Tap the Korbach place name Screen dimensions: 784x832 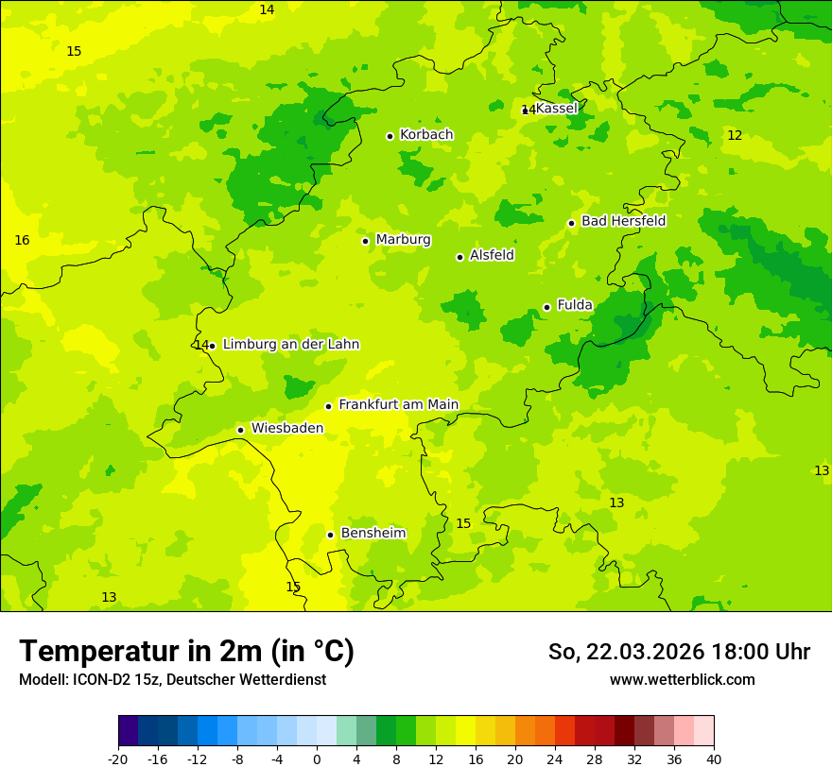[x=426, y=135]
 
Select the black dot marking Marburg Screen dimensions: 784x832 [x=365, y=241]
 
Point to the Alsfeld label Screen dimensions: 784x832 [x=492, y=255]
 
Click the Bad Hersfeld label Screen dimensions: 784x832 [x=623, y=221]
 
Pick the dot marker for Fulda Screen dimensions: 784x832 [x=546, y=307]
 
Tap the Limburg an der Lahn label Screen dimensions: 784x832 [x=290, y=345]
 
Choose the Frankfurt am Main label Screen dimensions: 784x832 [x=398, y=405]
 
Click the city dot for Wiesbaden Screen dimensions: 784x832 [x=240, y=430]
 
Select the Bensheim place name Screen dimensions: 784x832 [x=373, y=534]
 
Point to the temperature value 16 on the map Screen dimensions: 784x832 [x=22, y=241]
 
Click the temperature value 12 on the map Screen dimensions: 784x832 [x=735, y=136]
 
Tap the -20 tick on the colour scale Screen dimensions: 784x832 [x=118, y=759]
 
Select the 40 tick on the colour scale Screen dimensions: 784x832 [x=713, y=759]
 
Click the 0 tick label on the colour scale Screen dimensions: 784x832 [x=317, y=759]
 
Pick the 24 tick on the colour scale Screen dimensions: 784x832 [x=554, y=759]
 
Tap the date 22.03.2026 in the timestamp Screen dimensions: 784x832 [x=644, y=652]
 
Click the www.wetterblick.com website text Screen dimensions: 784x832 [x=682, y=680]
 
